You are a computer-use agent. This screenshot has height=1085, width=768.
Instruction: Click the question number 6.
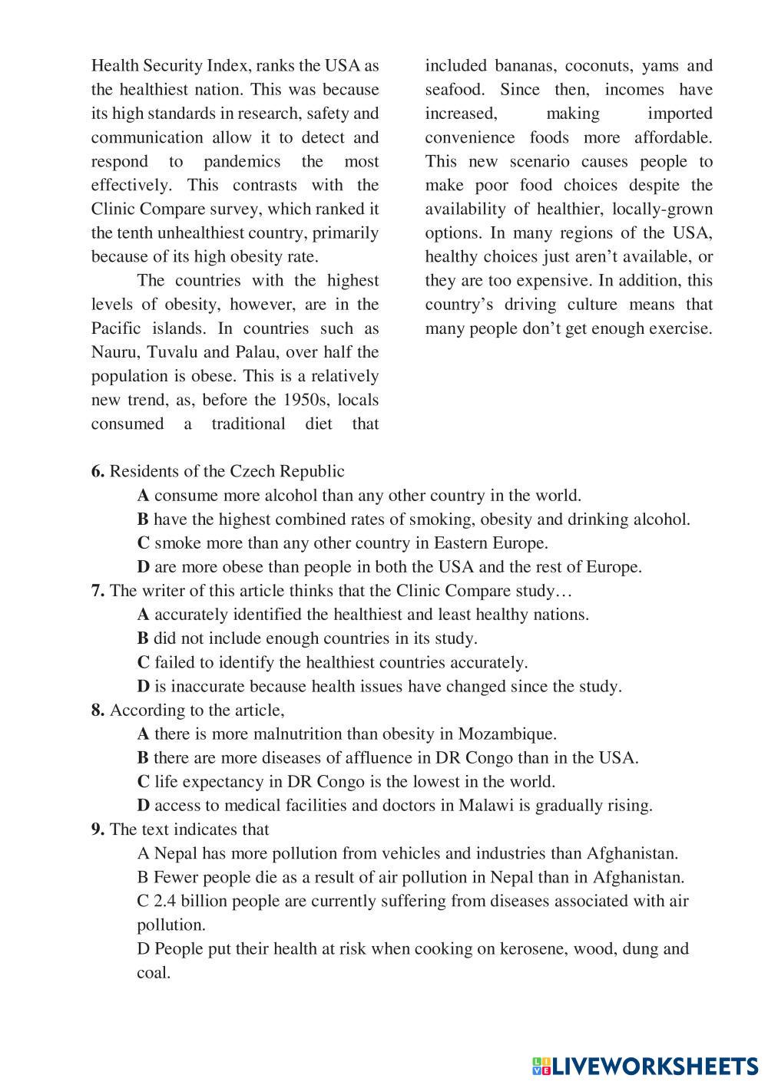(97, 472)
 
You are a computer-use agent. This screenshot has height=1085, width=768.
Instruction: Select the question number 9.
(97, 829)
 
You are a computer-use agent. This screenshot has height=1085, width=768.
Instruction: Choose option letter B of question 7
(143, 638)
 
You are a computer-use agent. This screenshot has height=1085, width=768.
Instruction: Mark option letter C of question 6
(143, 543)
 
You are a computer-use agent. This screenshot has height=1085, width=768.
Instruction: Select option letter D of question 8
(144, 806)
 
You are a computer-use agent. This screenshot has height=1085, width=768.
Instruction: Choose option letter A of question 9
(143, 853)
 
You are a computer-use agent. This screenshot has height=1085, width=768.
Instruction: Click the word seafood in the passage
(455, 90)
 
